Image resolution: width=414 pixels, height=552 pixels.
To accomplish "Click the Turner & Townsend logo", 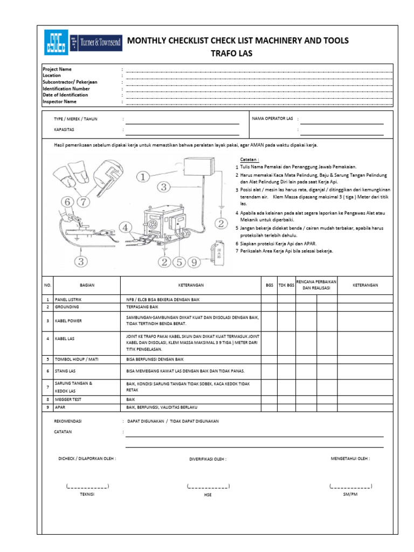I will tap(93, 42).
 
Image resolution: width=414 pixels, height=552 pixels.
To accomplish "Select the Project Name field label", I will tap(57, 70).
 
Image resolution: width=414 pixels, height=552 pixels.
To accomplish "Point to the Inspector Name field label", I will tap(60, 101).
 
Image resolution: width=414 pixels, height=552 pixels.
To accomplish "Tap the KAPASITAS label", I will tap(64, 130).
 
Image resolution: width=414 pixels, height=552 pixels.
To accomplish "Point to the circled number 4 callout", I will tap(125, 227).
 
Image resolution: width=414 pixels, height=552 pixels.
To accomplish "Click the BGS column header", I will tap(270, 285).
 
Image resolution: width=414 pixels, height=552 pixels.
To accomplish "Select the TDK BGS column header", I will tap(286, 285).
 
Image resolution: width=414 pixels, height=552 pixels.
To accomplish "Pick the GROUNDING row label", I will tap(67, 306).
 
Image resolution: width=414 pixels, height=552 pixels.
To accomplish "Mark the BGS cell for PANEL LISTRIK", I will tap(270, 299).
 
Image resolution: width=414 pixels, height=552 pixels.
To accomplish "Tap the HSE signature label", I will tap(208, 495).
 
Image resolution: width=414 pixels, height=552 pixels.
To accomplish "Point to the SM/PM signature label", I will tap(350, 494).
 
